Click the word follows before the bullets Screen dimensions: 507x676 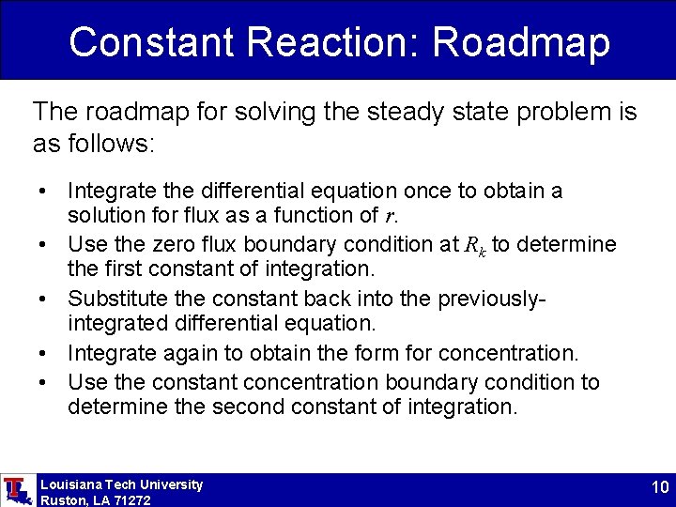click(x=107, y=145)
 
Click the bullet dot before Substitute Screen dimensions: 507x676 click(x=44, y=300)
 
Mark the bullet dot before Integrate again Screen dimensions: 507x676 click(x=44, y=354)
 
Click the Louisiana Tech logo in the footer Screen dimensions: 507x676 click(x=16, y=490)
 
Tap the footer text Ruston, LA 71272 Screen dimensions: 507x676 click(x=96, y=500)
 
